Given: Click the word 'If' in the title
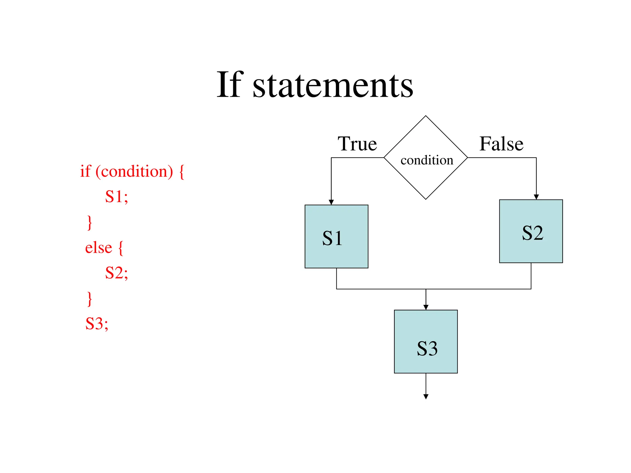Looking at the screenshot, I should pyautogui.click(x=230, y=84).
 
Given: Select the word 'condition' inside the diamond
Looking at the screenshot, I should pyautogui.click(x=427, y=160).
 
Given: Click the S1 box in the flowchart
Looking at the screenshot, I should pyautogui.click(x=336, y=236).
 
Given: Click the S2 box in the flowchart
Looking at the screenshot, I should pyautogui.click(x=531, y=231).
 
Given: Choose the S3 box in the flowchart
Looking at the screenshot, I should pyautogui.click(x=425, y=342).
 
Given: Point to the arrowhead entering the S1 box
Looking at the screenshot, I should pyautogui.click(x=331, y=202).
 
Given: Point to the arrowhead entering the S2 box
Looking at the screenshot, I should pyautogui.click(x=536, y=197).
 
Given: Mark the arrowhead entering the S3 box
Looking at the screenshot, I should pyautogui.click(x=426, y=307).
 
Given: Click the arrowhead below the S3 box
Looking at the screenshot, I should pyautogui.click(x=426, y=397).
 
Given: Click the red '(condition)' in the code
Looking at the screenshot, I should pyautogui.click(x=134, y=172).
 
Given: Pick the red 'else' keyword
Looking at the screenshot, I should pyautogui.click(x=98, y=248).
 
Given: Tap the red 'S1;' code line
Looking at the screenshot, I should pyautogui.click(x=116, y=196).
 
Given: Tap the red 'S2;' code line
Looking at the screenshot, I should pyautogui.click(x=116, y=273).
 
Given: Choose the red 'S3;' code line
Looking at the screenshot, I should pyautogui.click(x=97, y=324).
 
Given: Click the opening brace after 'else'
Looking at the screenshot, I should pyautogui.click(x=121, y=248).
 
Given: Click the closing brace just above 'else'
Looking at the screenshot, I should pyautogui.click(x=90, y=223).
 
